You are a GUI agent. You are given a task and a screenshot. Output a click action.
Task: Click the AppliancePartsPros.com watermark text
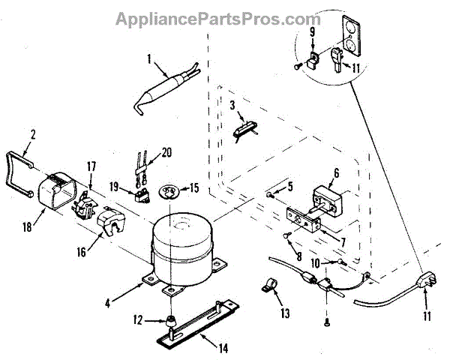[218, 19]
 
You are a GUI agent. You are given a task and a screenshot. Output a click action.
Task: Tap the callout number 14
[223, 348]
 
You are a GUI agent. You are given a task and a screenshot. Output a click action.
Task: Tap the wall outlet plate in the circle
[350, 35]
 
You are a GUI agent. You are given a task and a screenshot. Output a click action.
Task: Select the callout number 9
[313, 31]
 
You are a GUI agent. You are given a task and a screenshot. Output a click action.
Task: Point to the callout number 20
[166, 152]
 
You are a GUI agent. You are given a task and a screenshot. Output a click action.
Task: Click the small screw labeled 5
[270, 195]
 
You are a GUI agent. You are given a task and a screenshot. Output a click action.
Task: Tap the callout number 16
[81, 252]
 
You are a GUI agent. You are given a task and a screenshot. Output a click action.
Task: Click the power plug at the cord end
[427, 280]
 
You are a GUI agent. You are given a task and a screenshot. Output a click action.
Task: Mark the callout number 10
[316, 263]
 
